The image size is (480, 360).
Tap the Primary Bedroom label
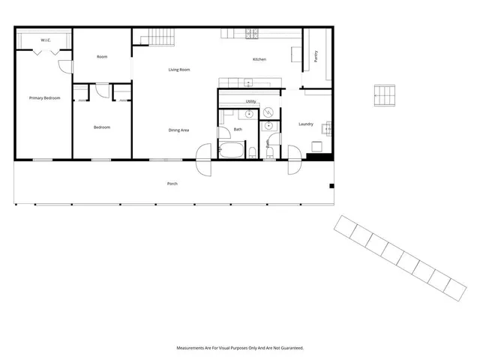point(44,98)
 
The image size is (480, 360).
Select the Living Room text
point(178,70)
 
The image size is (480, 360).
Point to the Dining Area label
point(178,130)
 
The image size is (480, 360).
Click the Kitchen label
point(259,59)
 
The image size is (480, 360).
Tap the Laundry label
point(305,124)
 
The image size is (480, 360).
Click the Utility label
point(250,101)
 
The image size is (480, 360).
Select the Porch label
point(172,184)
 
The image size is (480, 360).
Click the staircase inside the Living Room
point(159,35)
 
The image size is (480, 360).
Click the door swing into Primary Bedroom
point(66,65)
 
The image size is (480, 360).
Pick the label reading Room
point(102,57)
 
